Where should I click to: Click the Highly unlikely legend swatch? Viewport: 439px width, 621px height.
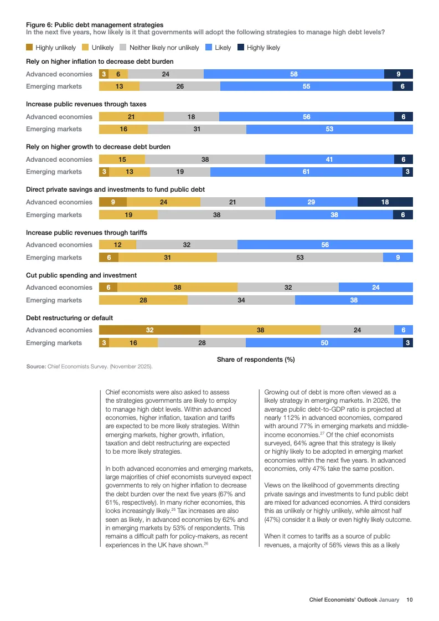point(29,48)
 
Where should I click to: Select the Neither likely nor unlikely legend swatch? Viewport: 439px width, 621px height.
point(123,48)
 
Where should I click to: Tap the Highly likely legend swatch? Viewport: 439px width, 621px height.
point(241,48)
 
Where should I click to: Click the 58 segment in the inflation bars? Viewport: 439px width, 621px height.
point(293,74)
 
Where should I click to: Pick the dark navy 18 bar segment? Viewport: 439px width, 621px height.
point(385,202)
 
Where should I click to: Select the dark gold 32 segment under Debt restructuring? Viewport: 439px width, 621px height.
point(149,330)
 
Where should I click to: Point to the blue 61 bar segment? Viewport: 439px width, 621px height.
point(306,172)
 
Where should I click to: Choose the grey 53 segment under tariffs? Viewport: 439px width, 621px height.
point(299,258)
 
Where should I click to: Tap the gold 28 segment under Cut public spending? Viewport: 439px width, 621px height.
point(143,300)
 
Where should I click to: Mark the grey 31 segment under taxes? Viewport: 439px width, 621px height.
point(197,129)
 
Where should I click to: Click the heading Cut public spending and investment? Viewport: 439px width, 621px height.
point(81,275)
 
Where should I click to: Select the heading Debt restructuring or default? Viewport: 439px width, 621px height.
point(69,318)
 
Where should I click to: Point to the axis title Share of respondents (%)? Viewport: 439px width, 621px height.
point(256,360)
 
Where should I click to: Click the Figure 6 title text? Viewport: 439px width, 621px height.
point(95,24)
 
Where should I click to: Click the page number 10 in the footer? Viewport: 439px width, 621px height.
point(409,599)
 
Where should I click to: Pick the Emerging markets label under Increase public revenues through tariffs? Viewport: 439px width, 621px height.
point(54,258)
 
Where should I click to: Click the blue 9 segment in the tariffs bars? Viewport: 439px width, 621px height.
point(397,258)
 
